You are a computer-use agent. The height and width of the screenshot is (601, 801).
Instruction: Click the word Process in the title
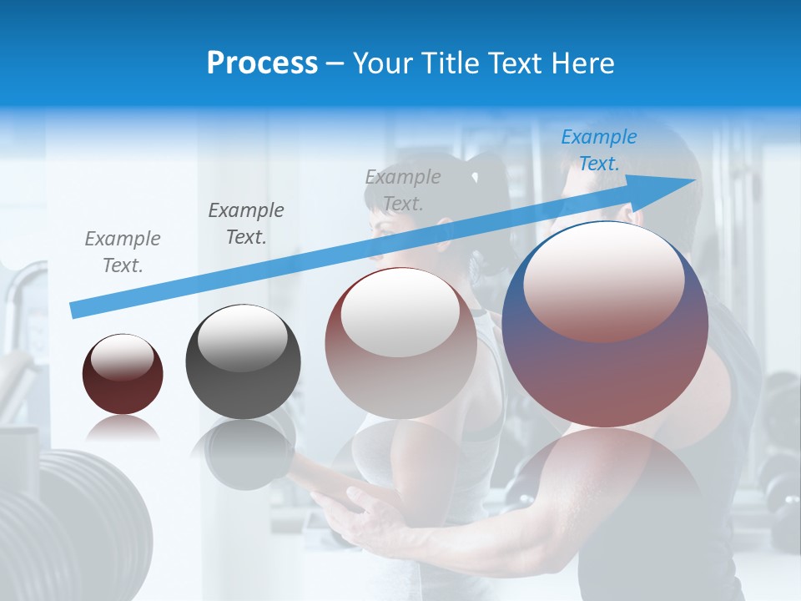coord(262,63)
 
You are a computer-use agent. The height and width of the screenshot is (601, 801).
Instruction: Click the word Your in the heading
coord(383,63)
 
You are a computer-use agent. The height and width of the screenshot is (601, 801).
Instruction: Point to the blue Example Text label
coord(598,150)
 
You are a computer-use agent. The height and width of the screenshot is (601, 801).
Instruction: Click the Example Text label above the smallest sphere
coord(122,252)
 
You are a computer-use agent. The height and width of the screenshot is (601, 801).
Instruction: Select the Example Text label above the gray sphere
coord(245,224)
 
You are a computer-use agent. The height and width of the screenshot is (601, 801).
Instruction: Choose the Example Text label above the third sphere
coord(403,189)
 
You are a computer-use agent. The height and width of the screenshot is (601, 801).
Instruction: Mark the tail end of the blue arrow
coord(77,310)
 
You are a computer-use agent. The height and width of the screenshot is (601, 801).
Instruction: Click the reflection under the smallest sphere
coord(123,429)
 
